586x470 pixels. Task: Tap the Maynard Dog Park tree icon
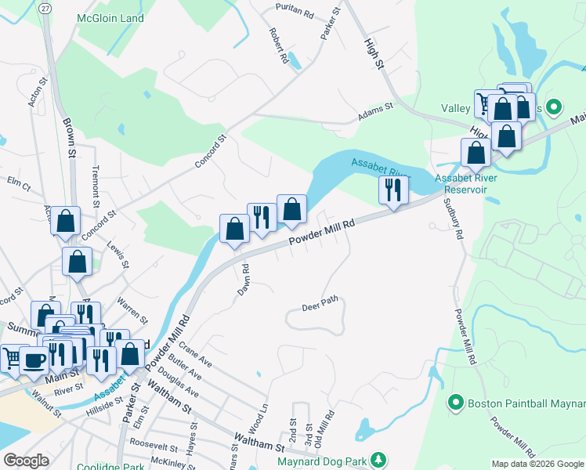(x=379, y=458)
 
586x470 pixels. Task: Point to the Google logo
(x=26, y=461)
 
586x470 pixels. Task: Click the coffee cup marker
(x=34, y=360)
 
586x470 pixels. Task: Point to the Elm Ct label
(x=18, y=186)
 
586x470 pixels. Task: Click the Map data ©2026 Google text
(x=537, y=464)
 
